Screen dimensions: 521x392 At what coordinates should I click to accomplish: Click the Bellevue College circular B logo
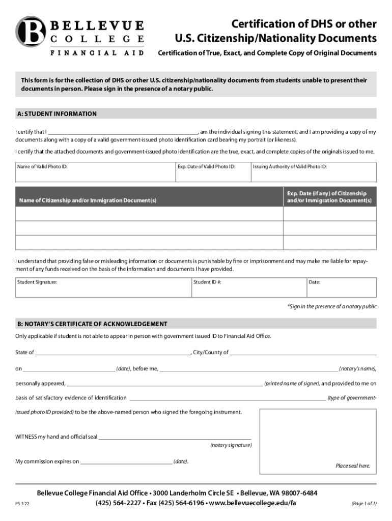[31, 32]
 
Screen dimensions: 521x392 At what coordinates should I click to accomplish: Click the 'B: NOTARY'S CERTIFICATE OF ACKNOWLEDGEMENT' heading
[92, 324]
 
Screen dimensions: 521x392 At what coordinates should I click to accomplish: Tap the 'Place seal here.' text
[352, 466]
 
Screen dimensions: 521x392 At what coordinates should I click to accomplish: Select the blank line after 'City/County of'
[303, 353]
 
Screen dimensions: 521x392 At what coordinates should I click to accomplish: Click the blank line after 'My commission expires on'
[126, 462]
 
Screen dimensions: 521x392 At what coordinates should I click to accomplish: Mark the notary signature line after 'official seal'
[175, 437]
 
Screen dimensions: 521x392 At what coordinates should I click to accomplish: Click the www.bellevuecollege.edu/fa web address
[252, 503]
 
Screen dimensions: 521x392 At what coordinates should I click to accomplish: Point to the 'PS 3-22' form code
[22, 505]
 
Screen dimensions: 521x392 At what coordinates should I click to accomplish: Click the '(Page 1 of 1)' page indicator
[363, 504]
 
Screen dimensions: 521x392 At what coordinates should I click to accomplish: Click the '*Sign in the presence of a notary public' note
[332, 306]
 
